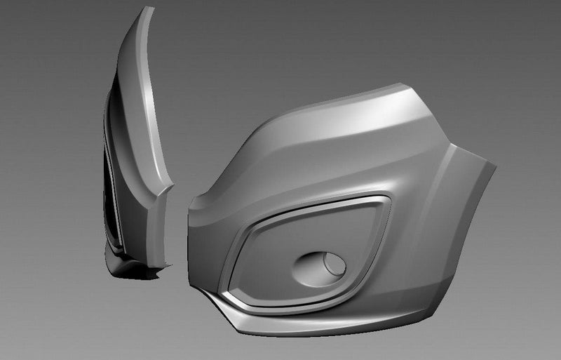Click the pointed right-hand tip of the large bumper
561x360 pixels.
[x=496, y=166]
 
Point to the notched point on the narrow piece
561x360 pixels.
[x=172, y=185]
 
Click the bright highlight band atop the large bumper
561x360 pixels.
[x=351, y=109]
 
